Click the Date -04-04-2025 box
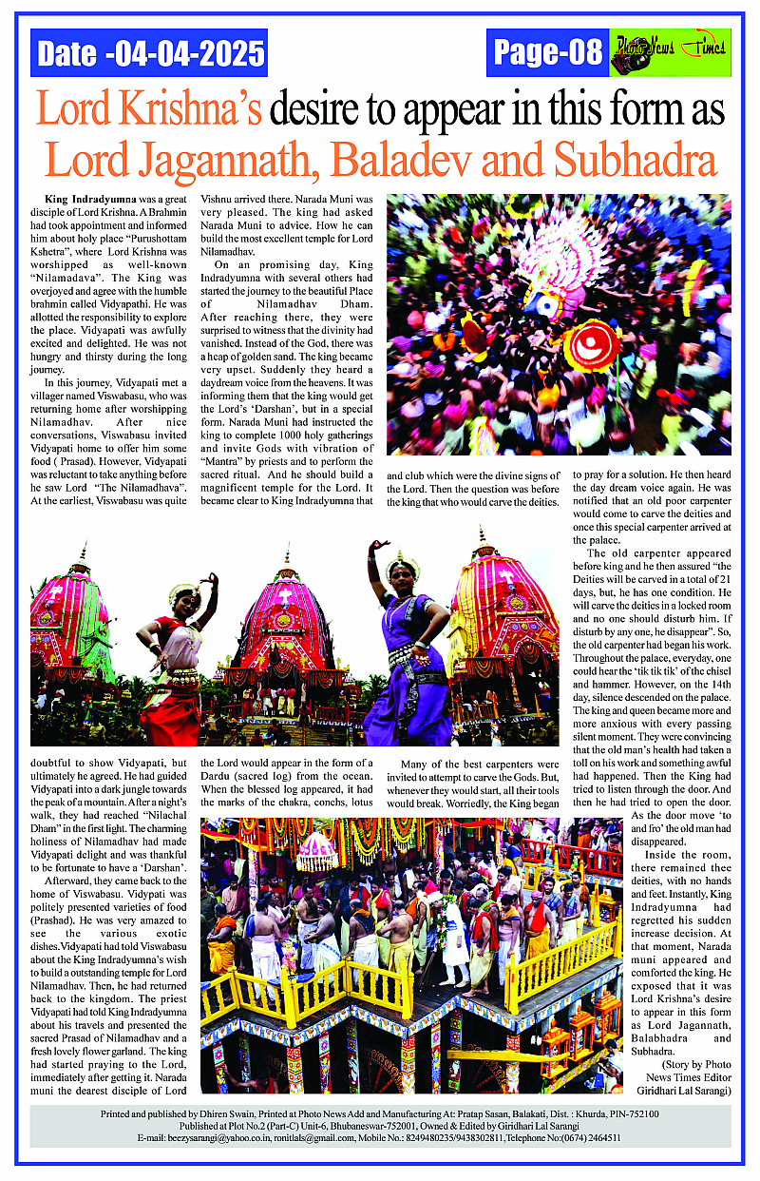coord(149,52)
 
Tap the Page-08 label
coord(548,52)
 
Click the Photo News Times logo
coord(670,52)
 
